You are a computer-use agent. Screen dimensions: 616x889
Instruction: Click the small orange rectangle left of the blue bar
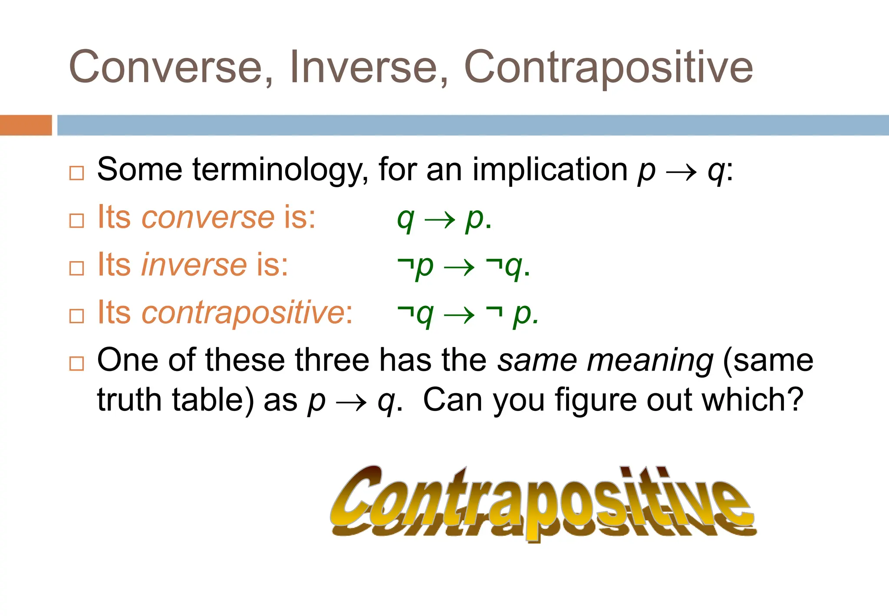coord(26,125)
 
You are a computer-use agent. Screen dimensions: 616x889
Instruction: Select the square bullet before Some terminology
coord(76,173)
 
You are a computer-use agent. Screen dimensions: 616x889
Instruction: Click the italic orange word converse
coord(208,217)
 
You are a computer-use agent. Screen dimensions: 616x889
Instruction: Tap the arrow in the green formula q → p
coord(440,220)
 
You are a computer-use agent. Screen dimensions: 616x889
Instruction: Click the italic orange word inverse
coord(194,265)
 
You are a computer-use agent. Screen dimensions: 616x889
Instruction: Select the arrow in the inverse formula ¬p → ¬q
coord(459,268)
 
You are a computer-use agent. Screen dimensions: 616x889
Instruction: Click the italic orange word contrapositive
coord(243,312)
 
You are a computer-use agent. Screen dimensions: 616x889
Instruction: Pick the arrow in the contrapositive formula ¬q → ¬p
coord(459,315)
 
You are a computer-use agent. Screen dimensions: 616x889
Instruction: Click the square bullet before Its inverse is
coord(76,268)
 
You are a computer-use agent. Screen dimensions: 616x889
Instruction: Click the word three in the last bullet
coord(332,360)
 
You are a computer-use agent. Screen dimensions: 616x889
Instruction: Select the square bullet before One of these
coord(76,363)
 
